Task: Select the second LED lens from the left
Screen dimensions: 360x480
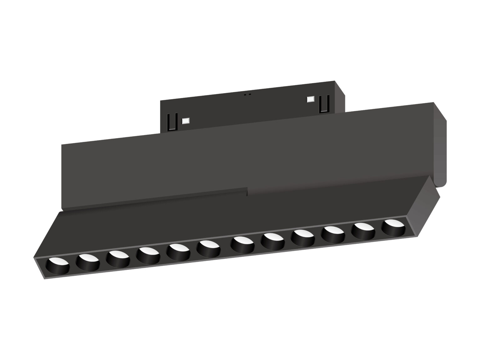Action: [x=87, y=261]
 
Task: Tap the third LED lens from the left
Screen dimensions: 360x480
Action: [x=117, y=258]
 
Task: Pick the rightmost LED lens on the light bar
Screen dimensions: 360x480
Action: [x=393, y=227]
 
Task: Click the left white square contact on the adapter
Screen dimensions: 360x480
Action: [x=186, y=120]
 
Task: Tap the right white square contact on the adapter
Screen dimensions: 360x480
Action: [x=310, y=99]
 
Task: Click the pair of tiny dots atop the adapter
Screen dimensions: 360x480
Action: [x=247, y=94]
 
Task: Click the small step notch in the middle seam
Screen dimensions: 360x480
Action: [x=247, y=192]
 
